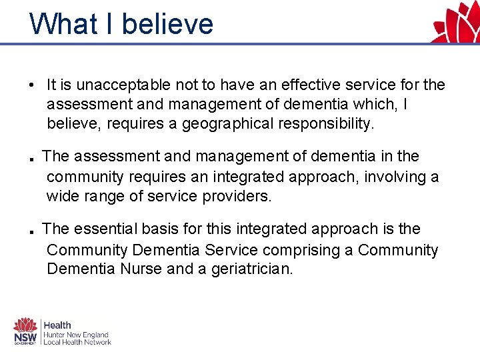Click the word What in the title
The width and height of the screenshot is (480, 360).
(63, 24)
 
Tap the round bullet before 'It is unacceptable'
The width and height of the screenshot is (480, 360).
(31, 85)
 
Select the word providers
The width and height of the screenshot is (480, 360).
(237, 197)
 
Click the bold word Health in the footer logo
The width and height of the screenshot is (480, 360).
(57, 325)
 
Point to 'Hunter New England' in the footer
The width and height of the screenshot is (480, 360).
(76, 335)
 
